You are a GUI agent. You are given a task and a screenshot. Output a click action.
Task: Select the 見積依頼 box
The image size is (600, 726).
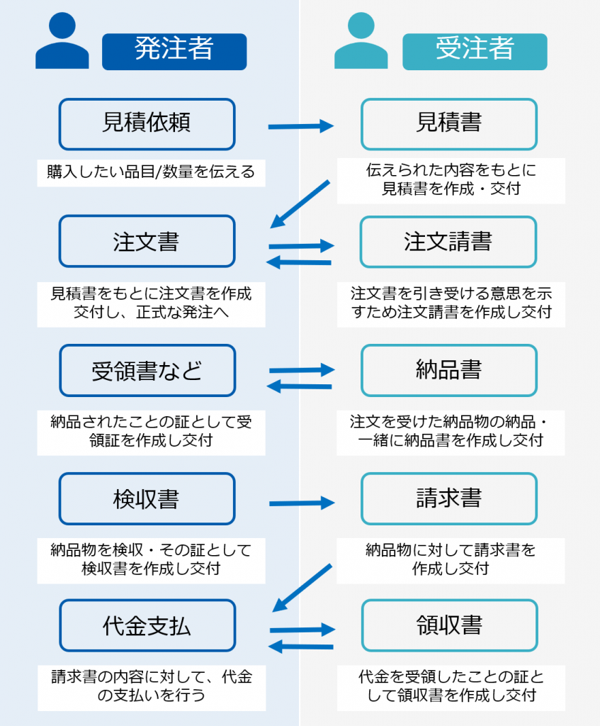147,124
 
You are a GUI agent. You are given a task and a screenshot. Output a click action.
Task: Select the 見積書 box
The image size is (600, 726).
448,124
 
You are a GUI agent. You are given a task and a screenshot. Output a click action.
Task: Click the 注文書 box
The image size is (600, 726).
147,241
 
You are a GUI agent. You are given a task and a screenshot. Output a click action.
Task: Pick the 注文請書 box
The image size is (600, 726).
448,241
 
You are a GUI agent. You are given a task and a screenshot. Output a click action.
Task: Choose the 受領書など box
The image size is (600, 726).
147,370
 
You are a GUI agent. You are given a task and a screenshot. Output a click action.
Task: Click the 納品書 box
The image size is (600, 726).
448,370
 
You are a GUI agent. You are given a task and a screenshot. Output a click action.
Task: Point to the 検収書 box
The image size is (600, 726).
147,498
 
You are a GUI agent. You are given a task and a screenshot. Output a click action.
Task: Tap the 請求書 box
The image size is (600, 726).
448,498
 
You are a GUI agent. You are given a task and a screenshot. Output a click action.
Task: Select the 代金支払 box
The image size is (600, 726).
147,625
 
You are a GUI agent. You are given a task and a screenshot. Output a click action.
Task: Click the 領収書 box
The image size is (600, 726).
448,625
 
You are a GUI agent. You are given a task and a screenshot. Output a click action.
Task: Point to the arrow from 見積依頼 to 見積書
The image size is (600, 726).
300,127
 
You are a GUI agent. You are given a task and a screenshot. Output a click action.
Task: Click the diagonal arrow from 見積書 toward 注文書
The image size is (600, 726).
300,204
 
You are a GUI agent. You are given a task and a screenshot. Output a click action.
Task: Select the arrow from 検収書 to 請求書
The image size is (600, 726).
300,503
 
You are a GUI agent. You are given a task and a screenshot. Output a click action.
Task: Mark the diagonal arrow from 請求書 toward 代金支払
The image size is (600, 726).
302,587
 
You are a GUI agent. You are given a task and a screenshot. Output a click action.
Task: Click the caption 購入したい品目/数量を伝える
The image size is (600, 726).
151,172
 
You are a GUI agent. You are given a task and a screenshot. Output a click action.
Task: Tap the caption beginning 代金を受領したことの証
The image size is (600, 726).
451,686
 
